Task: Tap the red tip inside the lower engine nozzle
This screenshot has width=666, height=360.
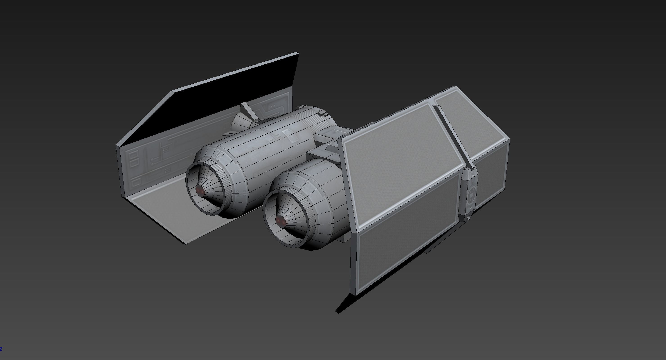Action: [280, 220]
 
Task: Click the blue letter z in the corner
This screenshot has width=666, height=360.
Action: [1, 349]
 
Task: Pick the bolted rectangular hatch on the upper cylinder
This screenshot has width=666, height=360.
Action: [290, 136]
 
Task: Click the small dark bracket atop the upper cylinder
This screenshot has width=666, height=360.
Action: [323, 113]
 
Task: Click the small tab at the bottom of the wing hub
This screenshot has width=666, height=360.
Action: [468, 218]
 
